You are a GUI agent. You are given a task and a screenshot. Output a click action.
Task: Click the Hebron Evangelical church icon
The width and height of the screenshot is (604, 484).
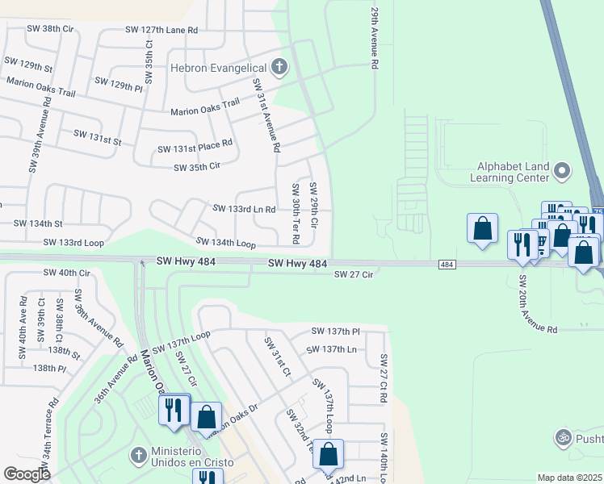[x=279, y=68]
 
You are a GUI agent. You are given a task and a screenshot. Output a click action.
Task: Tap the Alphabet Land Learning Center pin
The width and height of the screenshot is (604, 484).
[x=564, y=171]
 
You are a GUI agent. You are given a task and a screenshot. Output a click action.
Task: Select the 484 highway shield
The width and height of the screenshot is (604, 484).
[x=447, y=265]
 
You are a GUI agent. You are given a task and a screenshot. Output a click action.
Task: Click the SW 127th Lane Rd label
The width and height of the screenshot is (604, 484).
[x=161, y=29]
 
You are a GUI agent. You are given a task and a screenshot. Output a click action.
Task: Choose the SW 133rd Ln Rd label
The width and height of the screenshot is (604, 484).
[x=244, y=209]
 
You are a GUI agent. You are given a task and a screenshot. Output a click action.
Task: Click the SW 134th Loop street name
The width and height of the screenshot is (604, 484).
[x=226, y=243]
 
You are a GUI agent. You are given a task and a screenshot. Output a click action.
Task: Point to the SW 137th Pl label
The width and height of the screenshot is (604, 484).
[x=335, y=332]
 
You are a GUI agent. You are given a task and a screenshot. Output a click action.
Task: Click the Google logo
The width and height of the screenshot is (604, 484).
[x=27, y=474]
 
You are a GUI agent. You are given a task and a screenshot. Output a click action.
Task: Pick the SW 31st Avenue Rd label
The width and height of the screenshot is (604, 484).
[x=266, y=115]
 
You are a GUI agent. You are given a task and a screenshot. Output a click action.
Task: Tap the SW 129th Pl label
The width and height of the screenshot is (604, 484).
[x=118, y=83]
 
